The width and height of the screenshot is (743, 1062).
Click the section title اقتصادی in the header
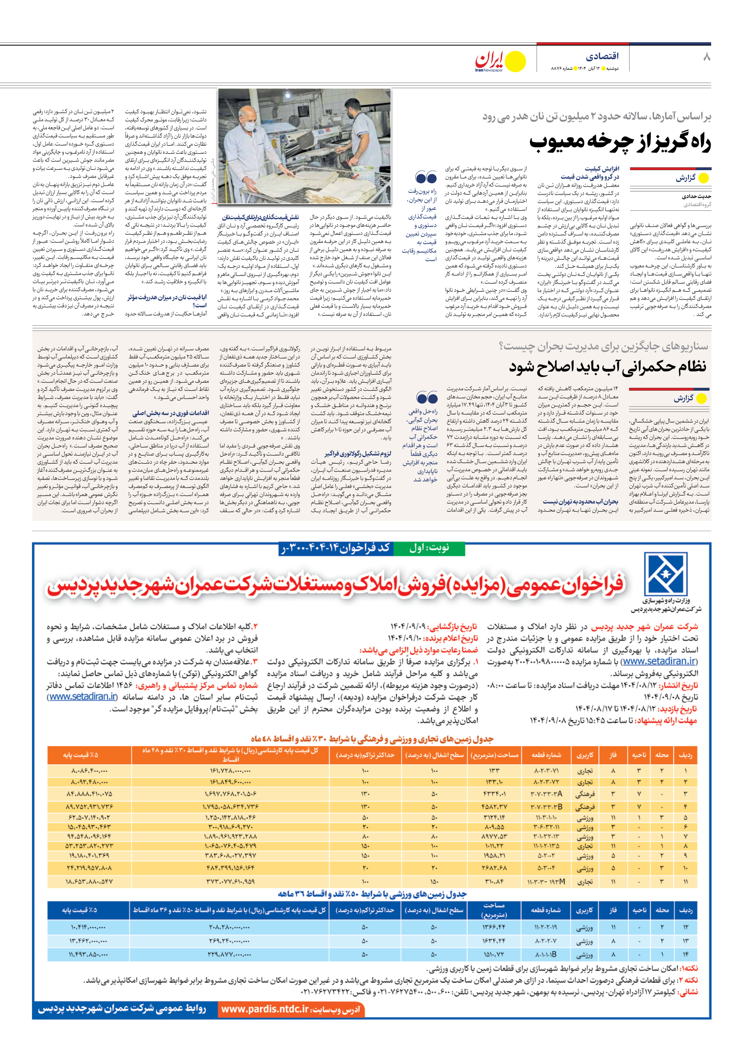coord(602,57)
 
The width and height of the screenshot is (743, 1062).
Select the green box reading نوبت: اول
coord(429,548)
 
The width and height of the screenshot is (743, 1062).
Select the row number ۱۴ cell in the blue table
coord(686,954)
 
